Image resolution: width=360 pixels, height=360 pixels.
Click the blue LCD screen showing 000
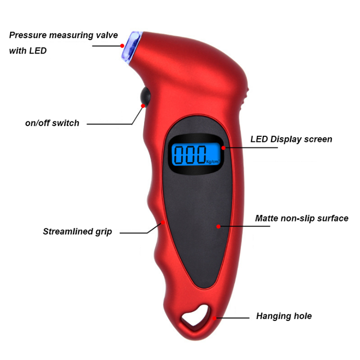(x=196, y=153)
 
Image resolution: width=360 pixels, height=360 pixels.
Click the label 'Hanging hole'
(x=284, y=316)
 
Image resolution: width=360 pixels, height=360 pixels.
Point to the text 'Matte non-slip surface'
(x=301, y=219)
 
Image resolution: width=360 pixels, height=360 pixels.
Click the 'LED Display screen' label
(x=291, y=139)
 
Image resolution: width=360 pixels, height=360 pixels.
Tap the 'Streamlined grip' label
(x=77, y=231)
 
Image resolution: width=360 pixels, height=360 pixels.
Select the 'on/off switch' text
(x=52, y=123)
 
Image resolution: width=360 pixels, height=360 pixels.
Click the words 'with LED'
(x=28, y=51)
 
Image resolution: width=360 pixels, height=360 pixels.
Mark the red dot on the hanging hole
(x=215, y=318)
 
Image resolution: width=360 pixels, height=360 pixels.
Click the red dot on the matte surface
(x=218, y=226)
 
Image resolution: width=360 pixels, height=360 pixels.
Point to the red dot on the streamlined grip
(x=164, y=222)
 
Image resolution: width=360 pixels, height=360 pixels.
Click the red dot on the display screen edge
(x=224, y=148)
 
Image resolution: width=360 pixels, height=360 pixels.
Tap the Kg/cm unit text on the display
(x=212, y=161)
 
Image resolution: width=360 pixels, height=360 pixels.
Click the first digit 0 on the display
(x=180, y=153)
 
